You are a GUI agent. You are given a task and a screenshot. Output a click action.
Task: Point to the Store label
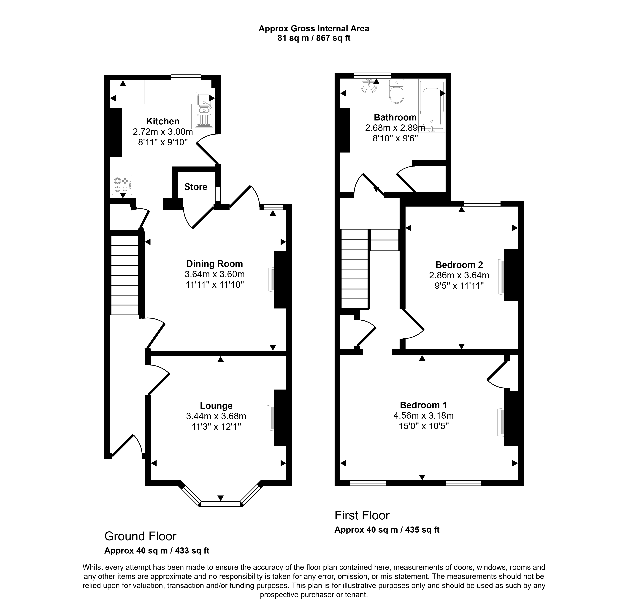196,187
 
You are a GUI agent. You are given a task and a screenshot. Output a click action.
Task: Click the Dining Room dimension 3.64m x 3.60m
215,274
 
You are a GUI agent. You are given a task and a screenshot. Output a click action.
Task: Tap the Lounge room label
216,406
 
